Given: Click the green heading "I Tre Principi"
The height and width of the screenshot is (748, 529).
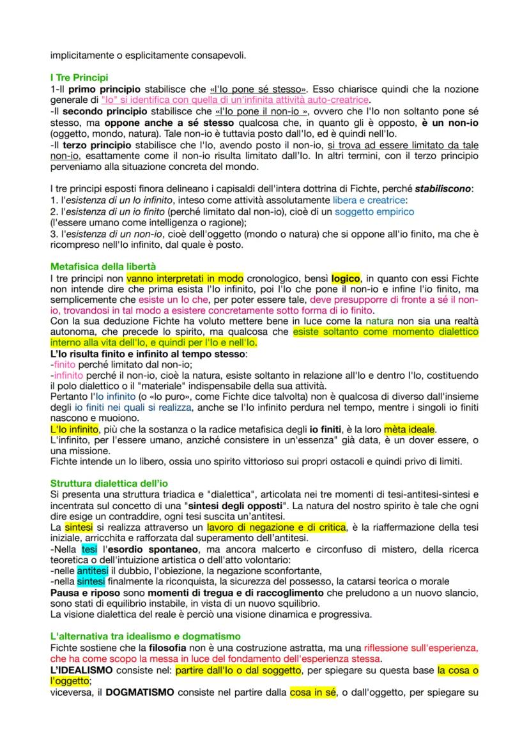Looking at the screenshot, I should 79,77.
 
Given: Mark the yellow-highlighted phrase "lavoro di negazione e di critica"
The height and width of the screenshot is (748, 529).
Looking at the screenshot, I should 276,528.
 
